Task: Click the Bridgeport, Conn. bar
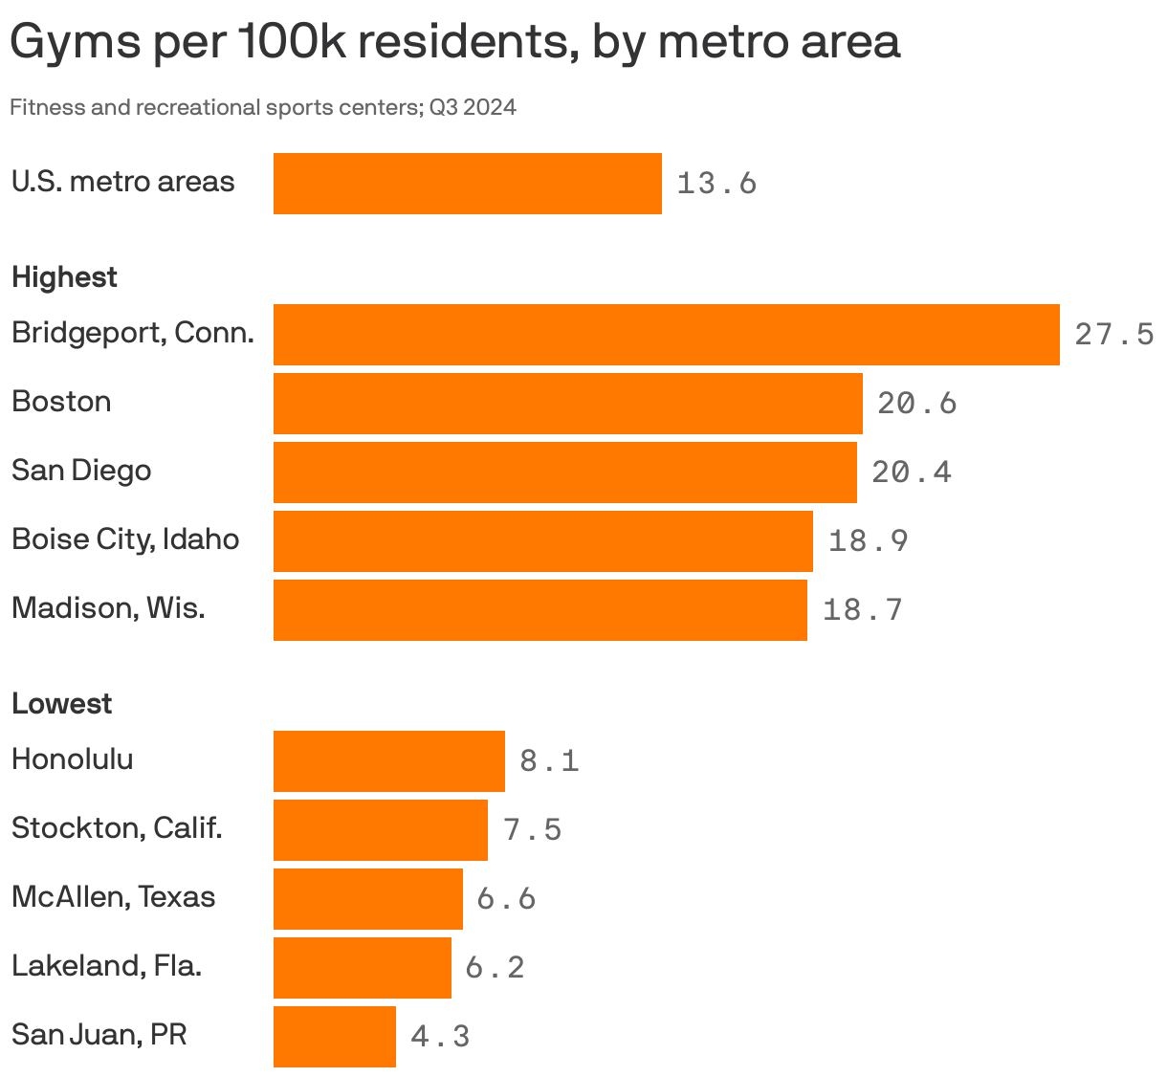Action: click(666, 335)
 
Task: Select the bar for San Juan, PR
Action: click(334, 1036)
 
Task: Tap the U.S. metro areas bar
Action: click(467, 183)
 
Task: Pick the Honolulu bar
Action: click(388, 760)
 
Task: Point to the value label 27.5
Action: click(1114, 335)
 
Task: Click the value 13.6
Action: click(716, 183)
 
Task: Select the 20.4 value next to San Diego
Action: click(912, 472)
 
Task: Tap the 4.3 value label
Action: click(440, 1036)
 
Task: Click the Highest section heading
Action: click(64, 277)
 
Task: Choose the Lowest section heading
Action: click(61, 704)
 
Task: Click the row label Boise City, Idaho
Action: click(125, 539)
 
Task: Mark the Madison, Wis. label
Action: click(108, 608)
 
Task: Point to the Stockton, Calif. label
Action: click(117, 828)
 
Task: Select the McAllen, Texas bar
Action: click(367, 898)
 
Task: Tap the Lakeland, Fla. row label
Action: click(106, 966)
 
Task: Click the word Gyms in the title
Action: click(75, 43)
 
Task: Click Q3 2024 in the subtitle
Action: click(473, 107)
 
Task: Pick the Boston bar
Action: click(567, 404)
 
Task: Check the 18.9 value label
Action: click(868, 541)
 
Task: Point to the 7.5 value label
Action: click(532, 829)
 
